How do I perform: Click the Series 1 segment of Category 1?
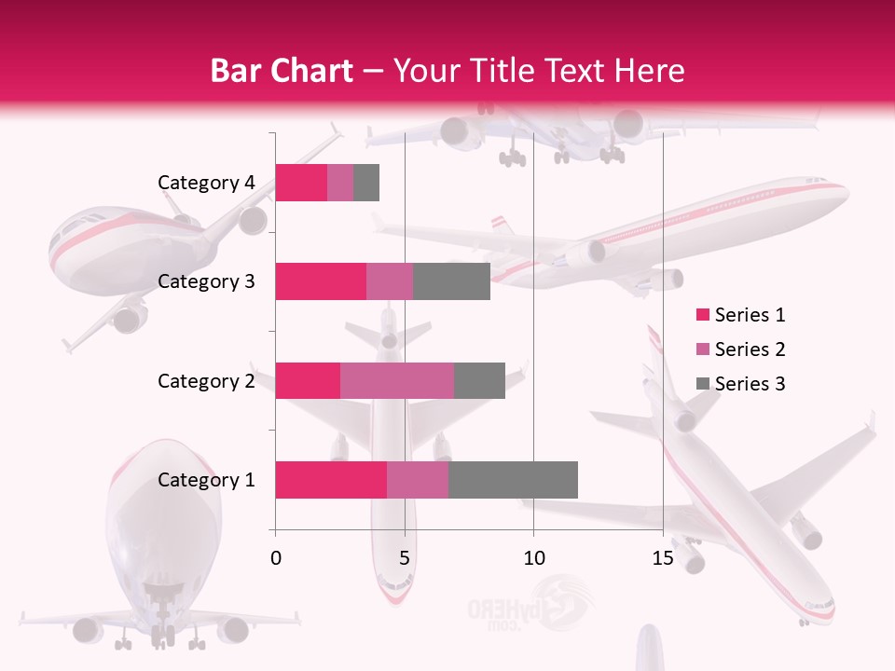tap(331, 480)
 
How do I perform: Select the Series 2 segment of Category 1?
tap(418, 480)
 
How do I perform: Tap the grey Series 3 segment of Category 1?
tap(513, 480)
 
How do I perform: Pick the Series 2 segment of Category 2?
tap(397, 380)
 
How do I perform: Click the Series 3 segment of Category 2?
tap(479, 380)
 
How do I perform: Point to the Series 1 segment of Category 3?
tap(321, 281)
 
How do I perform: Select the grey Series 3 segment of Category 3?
tap(451, 281)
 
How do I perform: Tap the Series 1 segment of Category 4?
tap(301, 183)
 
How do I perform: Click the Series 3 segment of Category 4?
tap(366, 183)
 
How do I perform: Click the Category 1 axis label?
tap(206, 480)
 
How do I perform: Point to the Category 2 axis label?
tap(206, 380)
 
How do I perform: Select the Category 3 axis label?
tap(206, 281)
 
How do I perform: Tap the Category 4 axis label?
tap(206, 183)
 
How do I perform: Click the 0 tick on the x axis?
tap(275, 558)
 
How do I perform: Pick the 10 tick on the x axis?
tap(533, 558)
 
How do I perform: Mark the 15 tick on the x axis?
tap(663, 558)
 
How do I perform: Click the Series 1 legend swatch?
tap(702, 315)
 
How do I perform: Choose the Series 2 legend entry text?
tap(750, 349)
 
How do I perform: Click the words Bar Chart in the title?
tap(281, 71)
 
